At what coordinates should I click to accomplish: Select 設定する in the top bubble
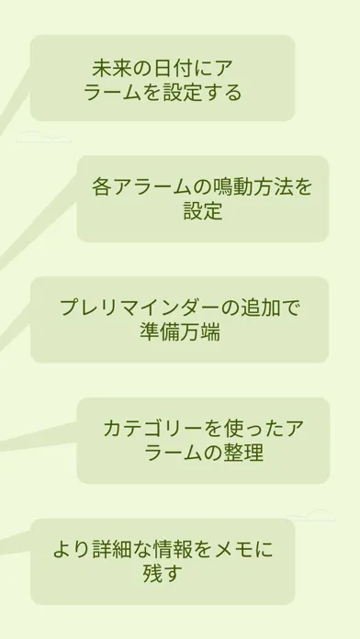203,93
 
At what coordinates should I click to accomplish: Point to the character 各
101,187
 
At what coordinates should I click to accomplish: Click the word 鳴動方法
253,187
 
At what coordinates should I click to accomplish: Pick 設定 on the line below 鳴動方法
203,211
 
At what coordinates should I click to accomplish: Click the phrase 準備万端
180,331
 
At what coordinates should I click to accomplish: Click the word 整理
243,453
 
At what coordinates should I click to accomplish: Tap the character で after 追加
291,308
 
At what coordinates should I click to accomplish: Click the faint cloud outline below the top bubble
44,137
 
